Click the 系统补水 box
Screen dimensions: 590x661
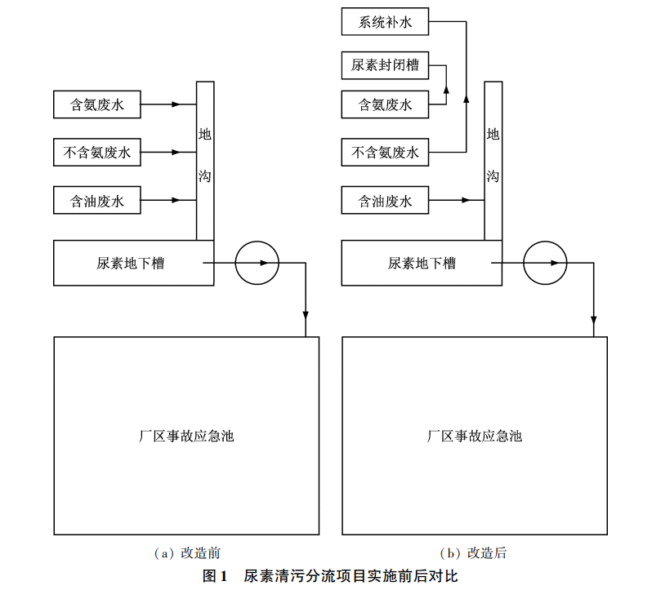(x=385, y=22)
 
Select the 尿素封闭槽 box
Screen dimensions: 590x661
(x=385, y=64)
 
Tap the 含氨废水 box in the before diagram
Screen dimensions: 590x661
(x=97, y=104)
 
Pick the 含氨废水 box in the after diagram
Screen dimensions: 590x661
(x=385, y=104)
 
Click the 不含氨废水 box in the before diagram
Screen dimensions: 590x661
(x=97, y=152)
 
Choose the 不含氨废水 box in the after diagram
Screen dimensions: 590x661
(x=385, y=152)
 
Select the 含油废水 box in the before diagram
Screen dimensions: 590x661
(x=97, y=200)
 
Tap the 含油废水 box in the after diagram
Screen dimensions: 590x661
(x=385, y=200)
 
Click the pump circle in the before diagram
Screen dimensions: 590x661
(x=257, y=263)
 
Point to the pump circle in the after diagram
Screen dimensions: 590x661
(x=545, y=263)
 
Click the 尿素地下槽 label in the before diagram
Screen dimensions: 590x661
(x=130, y=263)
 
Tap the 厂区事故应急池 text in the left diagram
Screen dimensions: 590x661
(x=186, y=436)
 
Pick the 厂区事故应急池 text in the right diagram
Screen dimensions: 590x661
(x=475, y=436)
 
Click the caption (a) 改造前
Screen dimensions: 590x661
(x=187, y=553)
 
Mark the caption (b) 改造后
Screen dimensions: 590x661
(x=475, y=553)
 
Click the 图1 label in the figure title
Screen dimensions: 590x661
(x=214, y=575)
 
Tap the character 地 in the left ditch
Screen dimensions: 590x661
(x=205, y=134)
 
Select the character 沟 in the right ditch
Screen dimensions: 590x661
(x=493, y=176)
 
